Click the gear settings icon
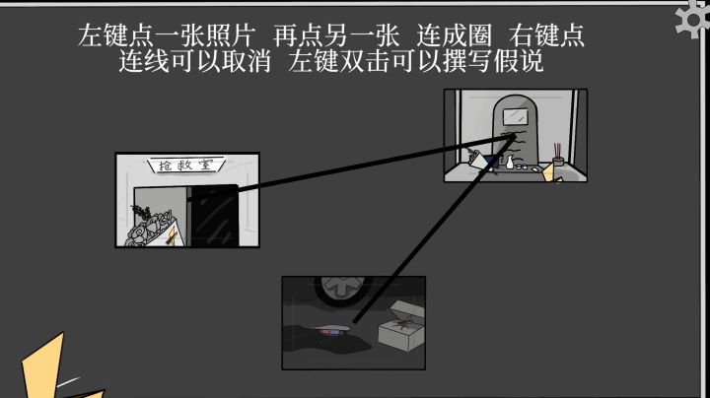click(693, 18)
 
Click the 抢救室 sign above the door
click(186, 166)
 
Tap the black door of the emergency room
click(213, 216)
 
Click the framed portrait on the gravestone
click(516, 116)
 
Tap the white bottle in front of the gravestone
click(510, 163)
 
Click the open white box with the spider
click(401, 326)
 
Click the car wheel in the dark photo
click(343, 290)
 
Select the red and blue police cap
click(334, 330)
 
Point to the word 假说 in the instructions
click(519, 61)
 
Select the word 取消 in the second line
click(246, 61)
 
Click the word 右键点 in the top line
click(546, 35)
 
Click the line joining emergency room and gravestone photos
click(351, 166)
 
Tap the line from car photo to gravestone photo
click(434, 229)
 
